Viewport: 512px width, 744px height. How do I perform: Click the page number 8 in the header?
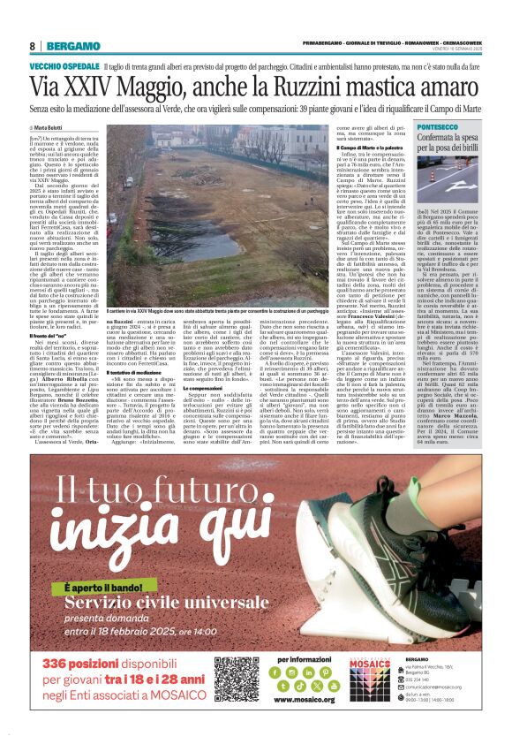[x=33, y=46]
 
